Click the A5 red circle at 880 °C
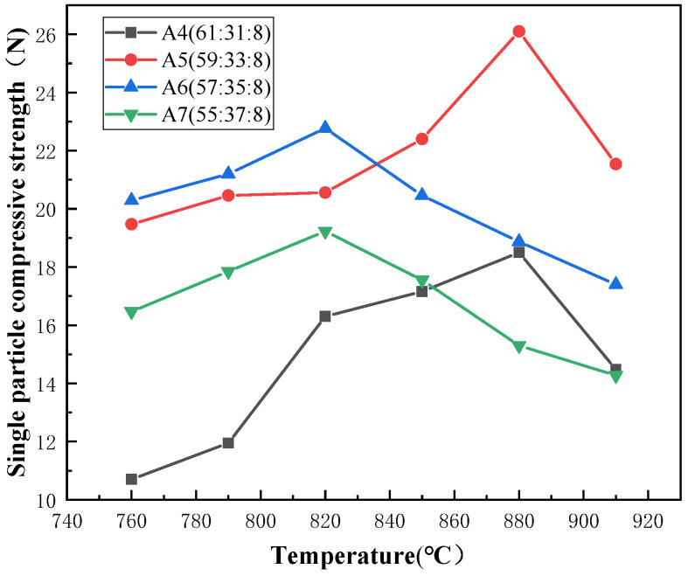pos(518,31)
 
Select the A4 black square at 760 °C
pos(131,479)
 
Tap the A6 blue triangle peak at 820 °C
pos(325,128)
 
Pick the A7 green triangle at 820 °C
pos(325,232)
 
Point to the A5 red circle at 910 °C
pos(615,163)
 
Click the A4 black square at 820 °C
pos(325,316)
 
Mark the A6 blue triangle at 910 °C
pos(615,283)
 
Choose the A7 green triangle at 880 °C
pos(518,347)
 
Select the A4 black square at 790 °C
pos(228,443)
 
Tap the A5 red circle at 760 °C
pos(131,224)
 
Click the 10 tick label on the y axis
pos(46,501)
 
